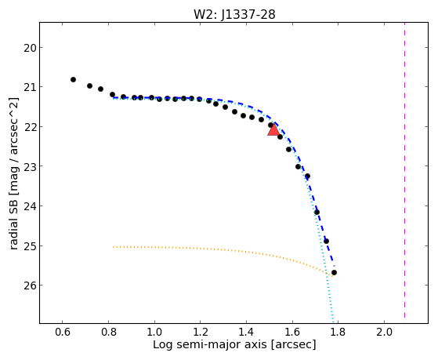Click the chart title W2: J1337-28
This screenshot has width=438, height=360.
coord(234,14)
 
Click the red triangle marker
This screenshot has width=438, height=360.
coord(273,130)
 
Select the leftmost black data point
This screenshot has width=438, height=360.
coord(73,80)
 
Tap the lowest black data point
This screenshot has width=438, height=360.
coord(334,272)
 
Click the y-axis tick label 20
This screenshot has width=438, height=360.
coord(30,48)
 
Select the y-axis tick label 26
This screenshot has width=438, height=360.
coord(30,285)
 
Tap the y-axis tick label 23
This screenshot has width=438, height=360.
coord(30,166)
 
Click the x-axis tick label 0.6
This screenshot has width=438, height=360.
coord(63,332)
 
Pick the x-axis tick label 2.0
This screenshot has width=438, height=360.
coord(384,332)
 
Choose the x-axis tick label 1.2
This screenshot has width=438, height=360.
coord(201,332)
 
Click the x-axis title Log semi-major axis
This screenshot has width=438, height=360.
coord(210,344)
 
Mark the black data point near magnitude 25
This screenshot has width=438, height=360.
coord(326,241)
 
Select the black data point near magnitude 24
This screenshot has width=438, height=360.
coord(317,213)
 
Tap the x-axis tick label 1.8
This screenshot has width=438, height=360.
coord(338,332)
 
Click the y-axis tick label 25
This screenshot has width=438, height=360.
coord(30,246)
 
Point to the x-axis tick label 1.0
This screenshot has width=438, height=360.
coord(154,332)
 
